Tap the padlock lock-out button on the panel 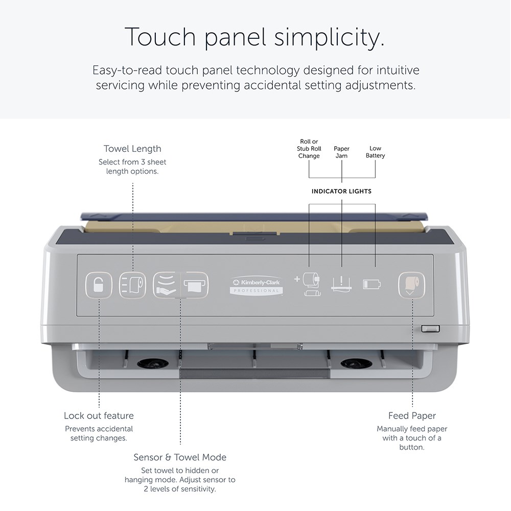point(99,286)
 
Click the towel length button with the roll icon point(132,286)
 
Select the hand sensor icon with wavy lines point(167,285)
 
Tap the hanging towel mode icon point(195,285)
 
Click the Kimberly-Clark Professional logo point(256,286)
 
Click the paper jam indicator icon point(341,284)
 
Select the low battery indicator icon point(372,284)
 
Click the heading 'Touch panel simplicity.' point(255,37)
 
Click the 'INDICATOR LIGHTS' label point(341,191)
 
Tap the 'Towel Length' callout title point(132,149)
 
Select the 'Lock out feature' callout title point(99,415)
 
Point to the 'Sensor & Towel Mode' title point(180,457)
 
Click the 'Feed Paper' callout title point(412,416)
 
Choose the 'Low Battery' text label point(375,152)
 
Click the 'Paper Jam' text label point(341,152)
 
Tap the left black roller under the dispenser point(153,363)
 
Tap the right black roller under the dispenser point(357,363)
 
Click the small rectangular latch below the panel point(430,329)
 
